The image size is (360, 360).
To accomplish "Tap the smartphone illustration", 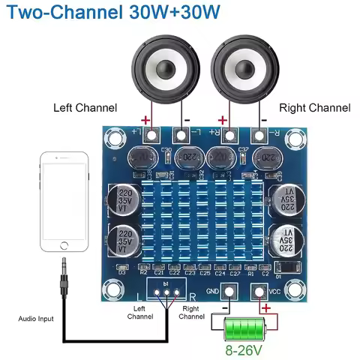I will pos(64,203).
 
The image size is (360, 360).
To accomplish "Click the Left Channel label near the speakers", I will pos(85,108).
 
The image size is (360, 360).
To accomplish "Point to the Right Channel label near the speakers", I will pos(315,108).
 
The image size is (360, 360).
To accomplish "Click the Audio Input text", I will pos(36,319).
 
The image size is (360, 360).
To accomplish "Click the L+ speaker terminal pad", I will pos(152,135).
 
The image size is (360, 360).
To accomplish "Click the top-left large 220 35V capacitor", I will pos(122,200).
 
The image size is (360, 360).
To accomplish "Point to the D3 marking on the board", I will pos(122,271).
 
